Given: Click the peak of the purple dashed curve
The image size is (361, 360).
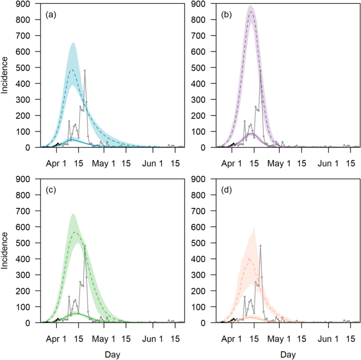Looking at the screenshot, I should [250, 12].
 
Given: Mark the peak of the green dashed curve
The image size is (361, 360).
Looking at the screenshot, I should [75, 232].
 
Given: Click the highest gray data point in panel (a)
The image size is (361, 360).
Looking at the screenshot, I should [85, 71].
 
